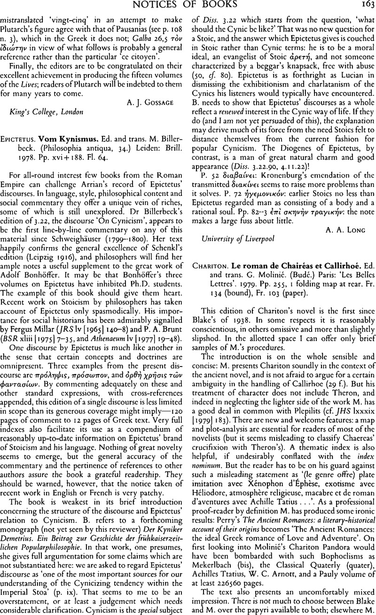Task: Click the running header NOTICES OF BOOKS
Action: click(188, 7)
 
